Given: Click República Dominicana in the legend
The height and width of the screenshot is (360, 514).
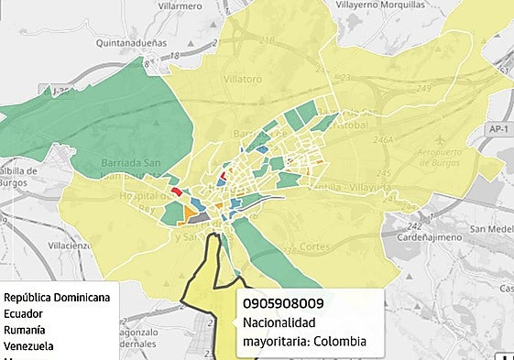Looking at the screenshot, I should point(57,297).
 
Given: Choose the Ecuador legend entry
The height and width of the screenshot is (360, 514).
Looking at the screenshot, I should point(24,313).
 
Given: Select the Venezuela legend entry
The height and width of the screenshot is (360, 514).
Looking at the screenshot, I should point(28,346).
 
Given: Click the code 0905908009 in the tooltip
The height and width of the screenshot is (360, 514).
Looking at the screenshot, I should point(283,303).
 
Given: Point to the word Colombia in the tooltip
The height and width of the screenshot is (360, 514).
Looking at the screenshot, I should point(338,343).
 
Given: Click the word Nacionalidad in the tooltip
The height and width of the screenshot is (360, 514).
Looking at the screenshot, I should point(279,323).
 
